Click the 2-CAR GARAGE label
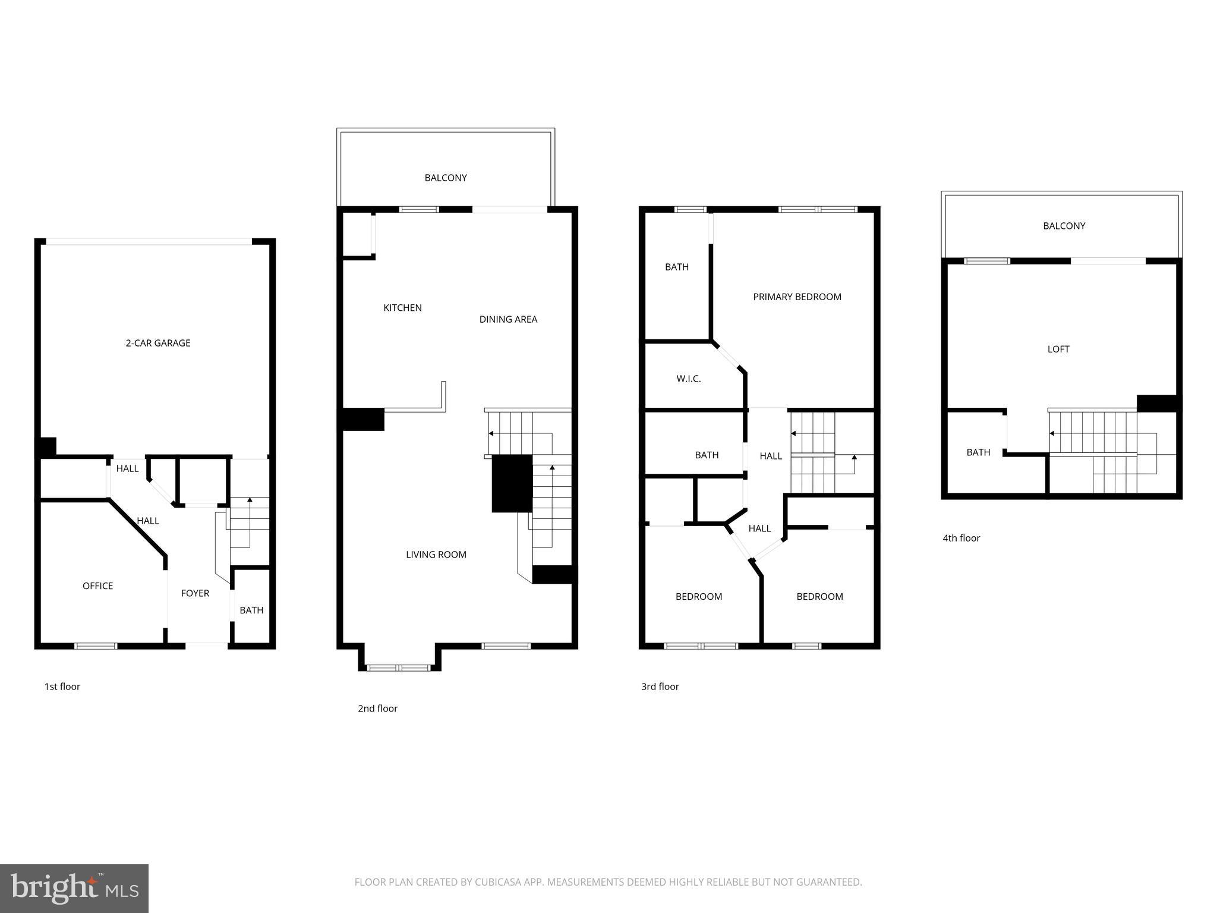point(158,343)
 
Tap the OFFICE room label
point(98,586)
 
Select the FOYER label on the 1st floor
point(195,593)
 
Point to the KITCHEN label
point(402,308)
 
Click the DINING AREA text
point(508,319)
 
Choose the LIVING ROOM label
point(436,555)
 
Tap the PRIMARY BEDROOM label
point(797,297)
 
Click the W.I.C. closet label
point(689,379)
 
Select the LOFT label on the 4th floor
point(1058,350)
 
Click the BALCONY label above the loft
point(1064,226)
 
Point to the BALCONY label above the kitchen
point(446,178)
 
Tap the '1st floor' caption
point(62,687)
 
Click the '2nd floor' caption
point(377,709)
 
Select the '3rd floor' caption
point(660,687)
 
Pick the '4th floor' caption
point(961,538)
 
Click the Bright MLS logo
point(74,889)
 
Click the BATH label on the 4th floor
point(978,452)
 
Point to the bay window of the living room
point(399,668)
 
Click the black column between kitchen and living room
point(363,419)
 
